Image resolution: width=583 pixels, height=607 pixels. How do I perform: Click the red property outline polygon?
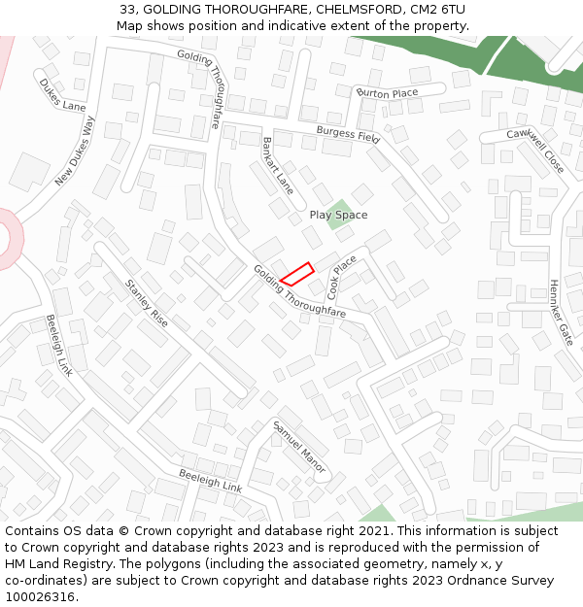coord(297,274)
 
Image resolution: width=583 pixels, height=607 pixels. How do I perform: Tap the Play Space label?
coord(338,215)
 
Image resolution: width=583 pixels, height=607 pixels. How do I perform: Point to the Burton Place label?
coord(387,93)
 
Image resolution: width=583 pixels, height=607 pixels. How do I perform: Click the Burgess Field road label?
coord(348,134)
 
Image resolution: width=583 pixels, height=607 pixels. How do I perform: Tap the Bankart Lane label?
coord(278,162)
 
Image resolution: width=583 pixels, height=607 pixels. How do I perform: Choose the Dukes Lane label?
coord(63,95)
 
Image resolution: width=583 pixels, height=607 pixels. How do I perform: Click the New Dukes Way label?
coord(76,152)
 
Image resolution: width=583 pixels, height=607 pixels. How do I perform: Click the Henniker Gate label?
coord(561,314)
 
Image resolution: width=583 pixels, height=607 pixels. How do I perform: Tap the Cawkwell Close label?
coord(534,149)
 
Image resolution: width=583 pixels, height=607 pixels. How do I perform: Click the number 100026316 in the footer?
coord(39,596)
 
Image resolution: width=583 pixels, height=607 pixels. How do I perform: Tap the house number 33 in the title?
coord(130,9)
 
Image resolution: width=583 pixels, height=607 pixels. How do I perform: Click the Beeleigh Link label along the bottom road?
coord(210,480)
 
